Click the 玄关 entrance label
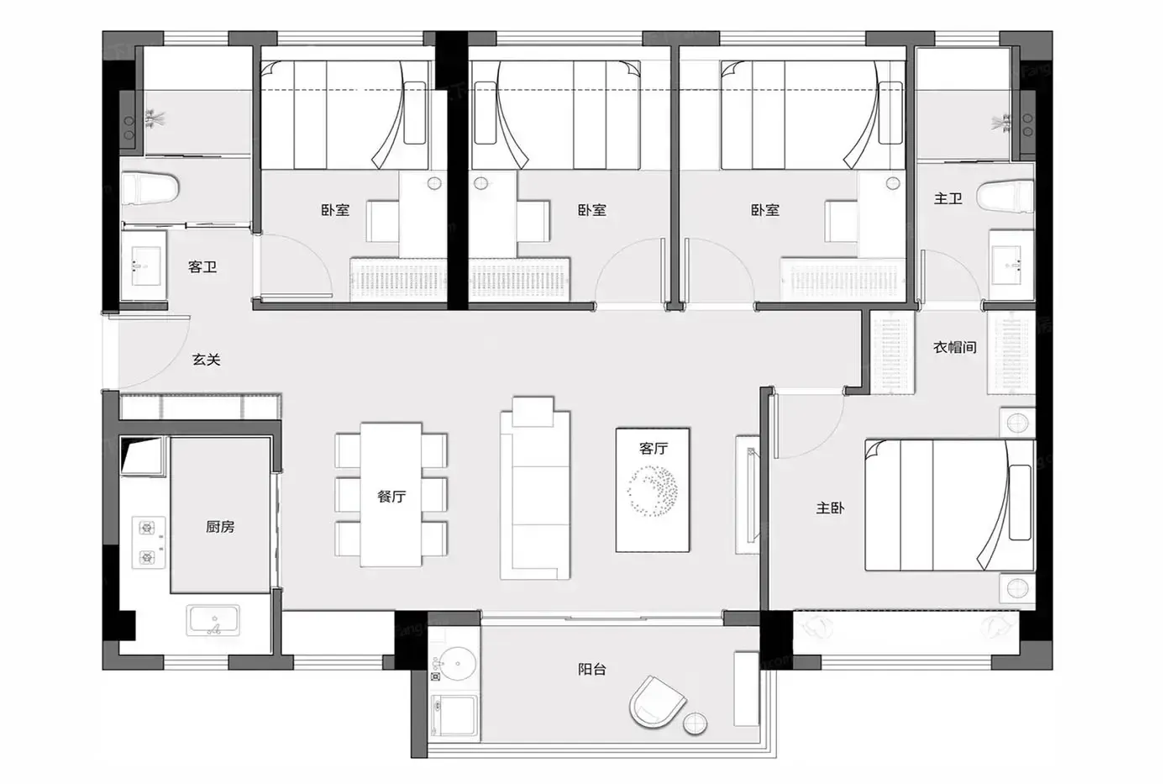[206, 360]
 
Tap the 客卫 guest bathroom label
[202, 267]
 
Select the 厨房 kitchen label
[220, 527]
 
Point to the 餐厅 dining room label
[391, 497]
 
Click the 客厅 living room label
[654, 448]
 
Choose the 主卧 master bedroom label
[830, 508]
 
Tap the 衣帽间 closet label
[955, 347]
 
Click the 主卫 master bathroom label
[948, 198]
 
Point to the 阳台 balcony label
[592, 669]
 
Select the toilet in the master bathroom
[1005, 197]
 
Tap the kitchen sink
[213, 620]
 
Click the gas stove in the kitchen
[148, 543]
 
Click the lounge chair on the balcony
[656, 702]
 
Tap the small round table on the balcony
[696, 723]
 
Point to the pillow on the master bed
[1020, 502]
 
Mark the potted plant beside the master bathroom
[1003, 122]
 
